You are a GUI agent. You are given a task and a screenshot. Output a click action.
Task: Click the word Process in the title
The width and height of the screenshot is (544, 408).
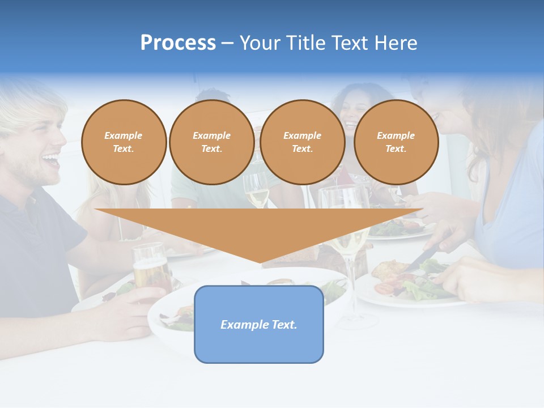click(x=178, y=43)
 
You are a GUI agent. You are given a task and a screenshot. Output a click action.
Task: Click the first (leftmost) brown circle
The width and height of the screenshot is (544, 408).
click(x=124, y=142)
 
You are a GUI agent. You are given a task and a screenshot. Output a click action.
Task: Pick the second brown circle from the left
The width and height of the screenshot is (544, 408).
click(x=211, y=142)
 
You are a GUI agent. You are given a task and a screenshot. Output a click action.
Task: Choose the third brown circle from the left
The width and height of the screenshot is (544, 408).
click(x=302, y=142)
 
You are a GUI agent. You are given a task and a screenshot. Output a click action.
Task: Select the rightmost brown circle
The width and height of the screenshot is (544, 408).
click(x=396, y=142)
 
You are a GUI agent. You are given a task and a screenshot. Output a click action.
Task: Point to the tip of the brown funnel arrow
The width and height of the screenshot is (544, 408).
click(x=260, y=261)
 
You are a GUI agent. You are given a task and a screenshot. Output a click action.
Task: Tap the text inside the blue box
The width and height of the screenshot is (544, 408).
click(x=259, y=325)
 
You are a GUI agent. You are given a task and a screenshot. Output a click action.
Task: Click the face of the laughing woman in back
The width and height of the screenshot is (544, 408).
click(x=352, y=111)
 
